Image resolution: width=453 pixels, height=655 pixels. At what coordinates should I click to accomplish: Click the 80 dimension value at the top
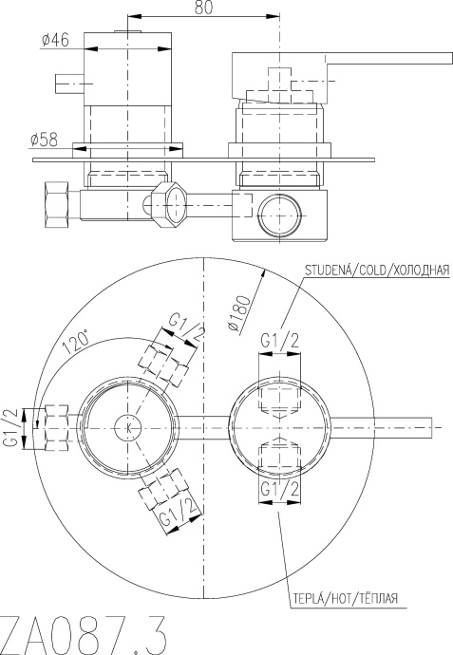[204, 7]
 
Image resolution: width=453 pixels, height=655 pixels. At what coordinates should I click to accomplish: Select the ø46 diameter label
[56, 40]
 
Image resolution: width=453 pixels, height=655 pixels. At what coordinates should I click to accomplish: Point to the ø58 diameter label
[44, 140]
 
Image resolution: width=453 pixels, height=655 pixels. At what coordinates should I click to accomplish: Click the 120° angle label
[76, 341]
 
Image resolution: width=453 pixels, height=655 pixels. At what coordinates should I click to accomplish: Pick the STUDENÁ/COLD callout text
[377, 270]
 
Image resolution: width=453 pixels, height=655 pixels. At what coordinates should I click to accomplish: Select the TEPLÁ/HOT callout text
[345, 598]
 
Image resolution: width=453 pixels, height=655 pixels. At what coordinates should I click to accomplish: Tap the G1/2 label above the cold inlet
[280, 341]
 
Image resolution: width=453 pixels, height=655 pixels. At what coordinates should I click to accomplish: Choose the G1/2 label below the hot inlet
[280, 488]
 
